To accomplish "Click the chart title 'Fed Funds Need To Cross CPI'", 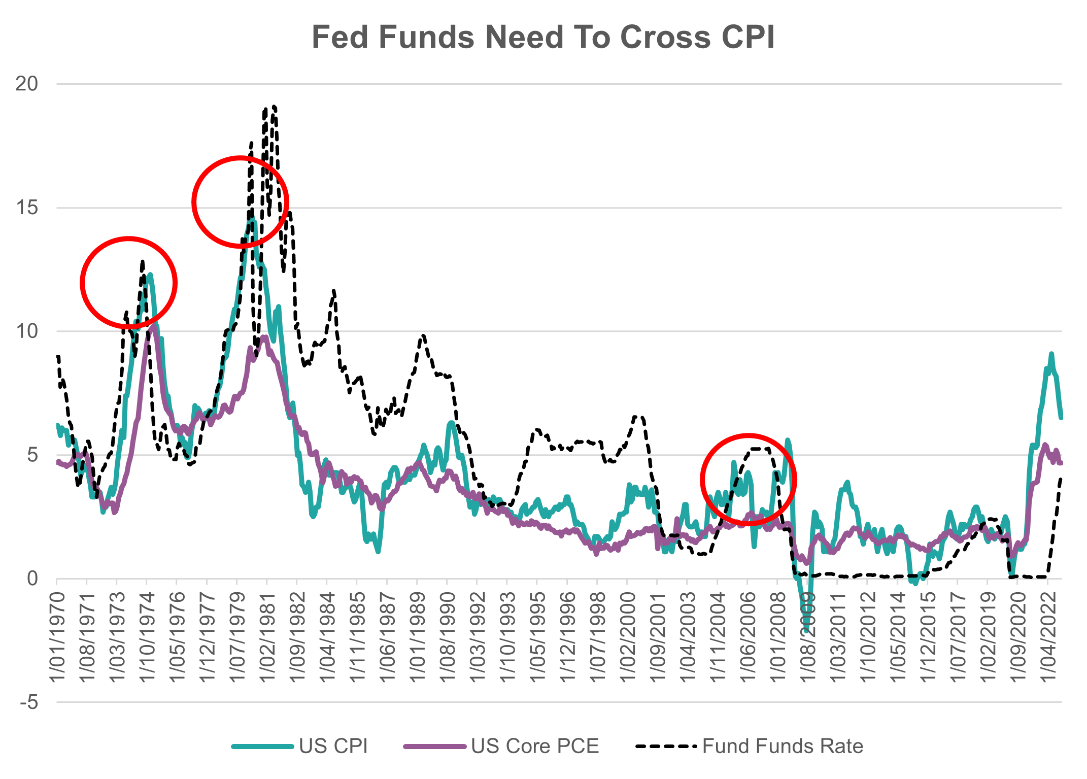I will [543, 37].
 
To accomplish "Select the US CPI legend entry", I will [332, 746].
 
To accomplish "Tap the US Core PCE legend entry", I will [534, 746].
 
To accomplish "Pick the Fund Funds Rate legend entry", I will [782, 746].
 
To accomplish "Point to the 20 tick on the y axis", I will [27, 84].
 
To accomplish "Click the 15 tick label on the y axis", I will [27, 208].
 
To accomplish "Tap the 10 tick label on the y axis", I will [27, 331].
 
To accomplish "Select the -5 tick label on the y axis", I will [28, 702].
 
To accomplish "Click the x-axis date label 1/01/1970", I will [58, 637].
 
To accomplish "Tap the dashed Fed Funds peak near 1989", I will [423, 335].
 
